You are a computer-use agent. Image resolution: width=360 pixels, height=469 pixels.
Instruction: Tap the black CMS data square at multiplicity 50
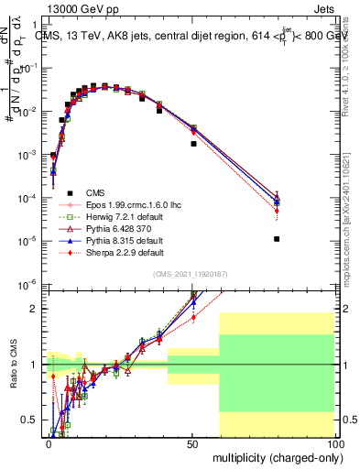tap(193, 144)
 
